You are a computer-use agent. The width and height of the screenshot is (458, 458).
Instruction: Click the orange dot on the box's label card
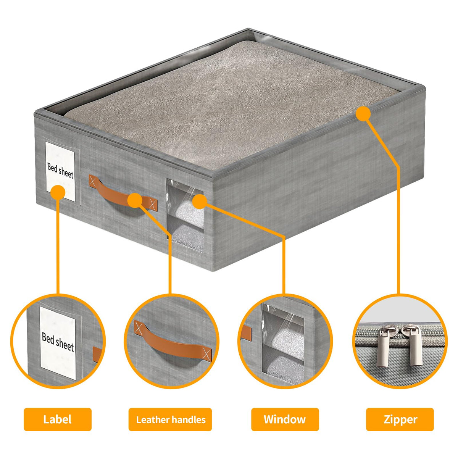pyautogui.click(x=58, y=192)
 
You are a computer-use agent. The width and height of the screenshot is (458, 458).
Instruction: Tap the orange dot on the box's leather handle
pyautogui.click(x=135, y=200)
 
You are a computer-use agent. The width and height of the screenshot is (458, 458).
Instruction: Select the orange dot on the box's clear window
pyautogui.click(x=200, y=202)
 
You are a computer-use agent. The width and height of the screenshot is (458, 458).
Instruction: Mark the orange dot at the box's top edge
pyautogui.click(x=363, y=114)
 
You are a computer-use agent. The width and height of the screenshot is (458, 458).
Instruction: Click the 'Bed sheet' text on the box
pyautogui.click(x=60, y=171)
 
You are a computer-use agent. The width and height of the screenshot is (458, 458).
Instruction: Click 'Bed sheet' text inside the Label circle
pyautogui.click(x=58, y=342)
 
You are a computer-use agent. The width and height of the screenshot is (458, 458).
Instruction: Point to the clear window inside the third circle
pyautogui.click(x=282, y=344)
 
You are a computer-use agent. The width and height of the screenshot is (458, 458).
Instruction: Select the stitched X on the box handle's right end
pyautogui.click(x=153, y=204)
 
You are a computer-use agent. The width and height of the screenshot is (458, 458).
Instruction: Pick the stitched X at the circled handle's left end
pyautogui.click(x=139, y=327)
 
